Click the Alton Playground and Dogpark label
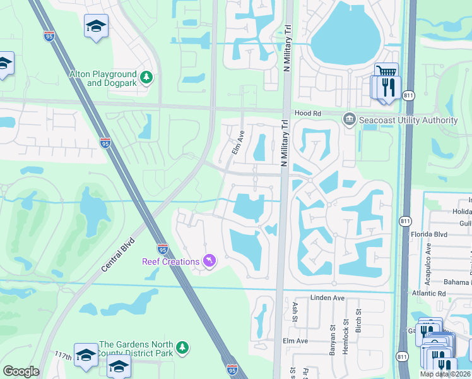(103, 78)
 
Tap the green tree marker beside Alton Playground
(147, 78)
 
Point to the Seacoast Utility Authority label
(408, 120)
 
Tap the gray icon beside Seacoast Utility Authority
(348, 119)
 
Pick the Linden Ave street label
(325, 297)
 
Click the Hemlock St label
(345, 333)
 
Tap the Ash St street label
(295, 310)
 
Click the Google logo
(21, 371)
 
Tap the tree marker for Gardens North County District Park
(182, 347)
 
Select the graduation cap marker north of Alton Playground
(96, 26)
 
